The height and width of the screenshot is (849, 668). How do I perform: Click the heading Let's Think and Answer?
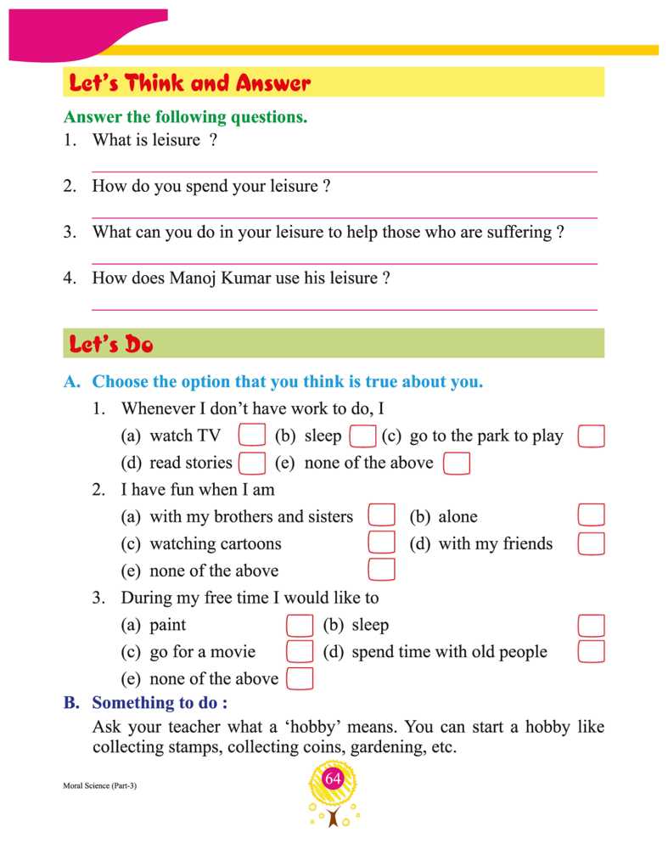click(x=190, y=83)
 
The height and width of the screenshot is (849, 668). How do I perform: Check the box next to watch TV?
click(x=252, y=436)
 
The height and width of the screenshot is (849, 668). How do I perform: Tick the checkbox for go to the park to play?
click(x=591, y=436)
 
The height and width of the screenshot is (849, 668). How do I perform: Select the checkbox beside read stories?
click(x=252, y=463)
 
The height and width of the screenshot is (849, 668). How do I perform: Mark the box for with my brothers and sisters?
click(x=382, y=516)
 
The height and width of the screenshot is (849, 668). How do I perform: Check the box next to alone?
click(x=591, y=516)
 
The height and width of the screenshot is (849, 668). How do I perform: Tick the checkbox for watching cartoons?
click(x=382, y=543)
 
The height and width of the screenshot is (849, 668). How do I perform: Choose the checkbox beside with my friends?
click(x=591, y=543)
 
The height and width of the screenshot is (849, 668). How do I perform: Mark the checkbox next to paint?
click(x=300, y=626)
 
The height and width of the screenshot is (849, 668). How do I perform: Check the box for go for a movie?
click(x=300, y=652)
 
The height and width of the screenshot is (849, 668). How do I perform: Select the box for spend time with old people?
click(x=591, y=652)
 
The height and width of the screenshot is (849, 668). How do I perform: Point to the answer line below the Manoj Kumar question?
click(x=344, y=308)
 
